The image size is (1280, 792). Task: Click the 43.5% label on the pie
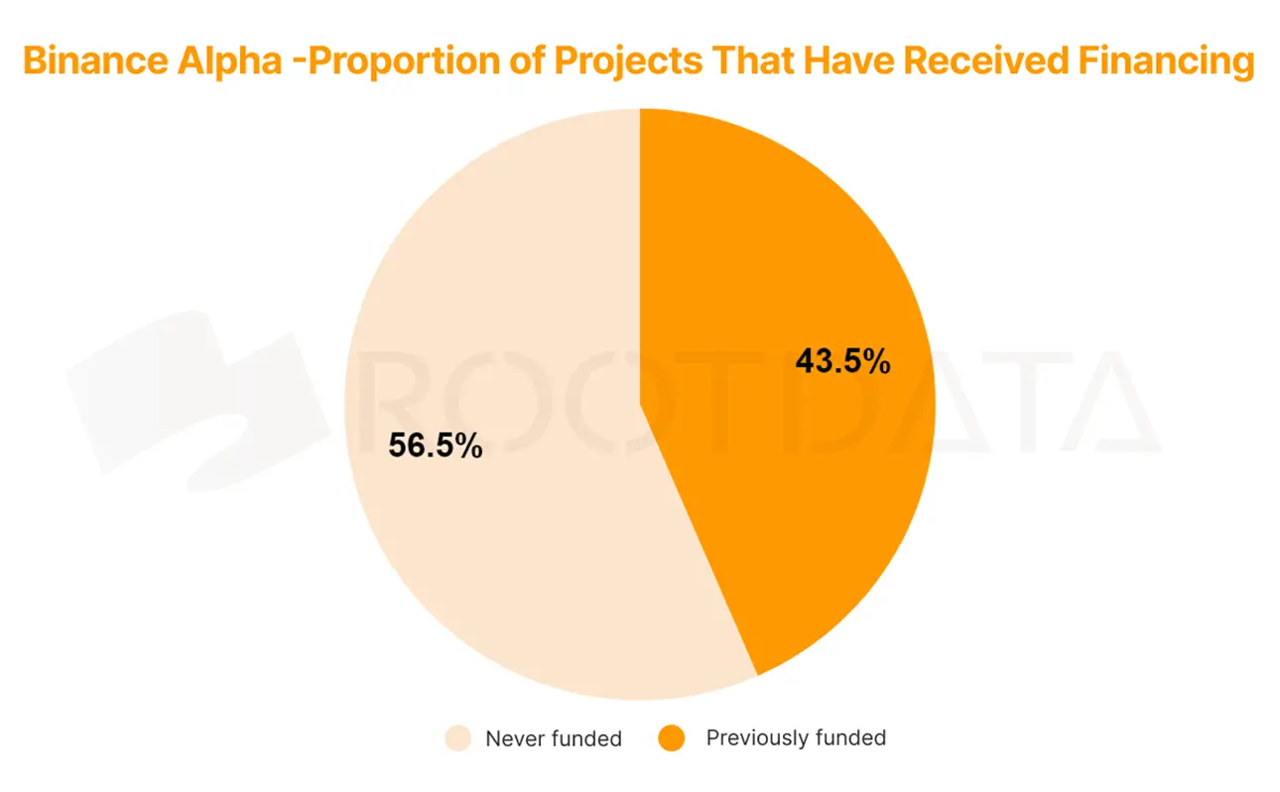842,362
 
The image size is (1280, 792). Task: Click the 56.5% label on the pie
435,446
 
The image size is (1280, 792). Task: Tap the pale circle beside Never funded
457,738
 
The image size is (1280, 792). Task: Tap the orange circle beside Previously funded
671,738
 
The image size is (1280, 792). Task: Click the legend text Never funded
553,738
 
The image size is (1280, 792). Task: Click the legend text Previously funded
796,738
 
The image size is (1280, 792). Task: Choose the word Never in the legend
513,738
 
